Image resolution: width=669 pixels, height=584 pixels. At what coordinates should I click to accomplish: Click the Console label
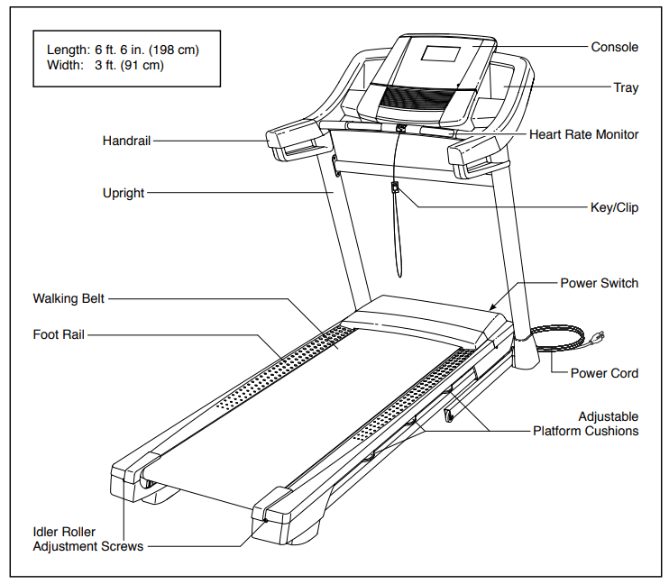[614, 47]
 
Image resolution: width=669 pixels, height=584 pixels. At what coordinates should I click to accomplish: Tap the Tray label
[626, 87]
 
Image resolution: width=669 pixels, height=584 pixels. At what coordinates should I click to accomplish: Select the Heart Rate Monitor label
[583, 134]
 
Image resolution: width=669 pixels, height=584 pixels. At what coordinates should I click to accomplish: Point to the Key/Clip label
[614, 207]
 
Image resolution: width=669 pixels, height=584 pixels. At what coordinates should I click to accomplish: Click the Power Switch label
[599, 283]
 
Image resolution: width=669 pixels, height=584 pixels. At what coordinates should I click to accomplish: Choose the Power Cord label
[604, 373]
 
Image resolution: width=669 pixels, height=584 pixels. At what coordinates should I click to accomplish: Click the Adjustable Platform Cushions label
[585, 424]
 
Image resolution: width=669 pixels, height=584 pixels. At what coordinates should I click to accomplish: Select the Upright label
[124, 193]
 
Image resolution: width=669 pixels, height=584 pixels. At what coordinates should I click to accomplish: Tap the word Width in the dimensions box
[62, 66]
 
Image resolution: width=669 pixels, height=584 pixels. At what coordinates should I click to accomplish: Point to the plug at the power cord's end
[595, 340]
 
